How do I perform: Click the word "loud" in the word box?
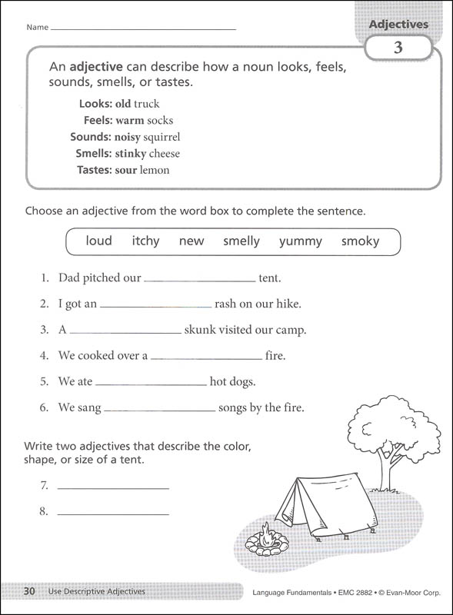[x=98, y=241]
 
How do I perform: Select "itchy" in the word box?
[x=145, y=241]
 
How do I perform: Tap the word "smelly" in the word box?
[x=241, y=241]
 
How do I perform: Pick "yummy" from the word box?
[x=301, y=241]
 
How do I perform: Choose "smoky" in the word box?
[x=361, y=241]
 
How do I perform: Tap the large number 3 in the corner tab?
[x=398, y=48]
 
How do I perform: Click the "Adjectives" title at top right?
[x=398, y=25]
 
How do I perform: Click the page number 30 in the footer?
[x=29, y=591]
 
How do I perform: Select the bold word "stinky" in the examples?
[x=131, y=154]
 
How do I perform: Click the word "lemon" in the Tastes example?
[x=155, y=170]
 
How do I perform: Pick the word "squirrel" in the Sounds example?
[x=162, y=137]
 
